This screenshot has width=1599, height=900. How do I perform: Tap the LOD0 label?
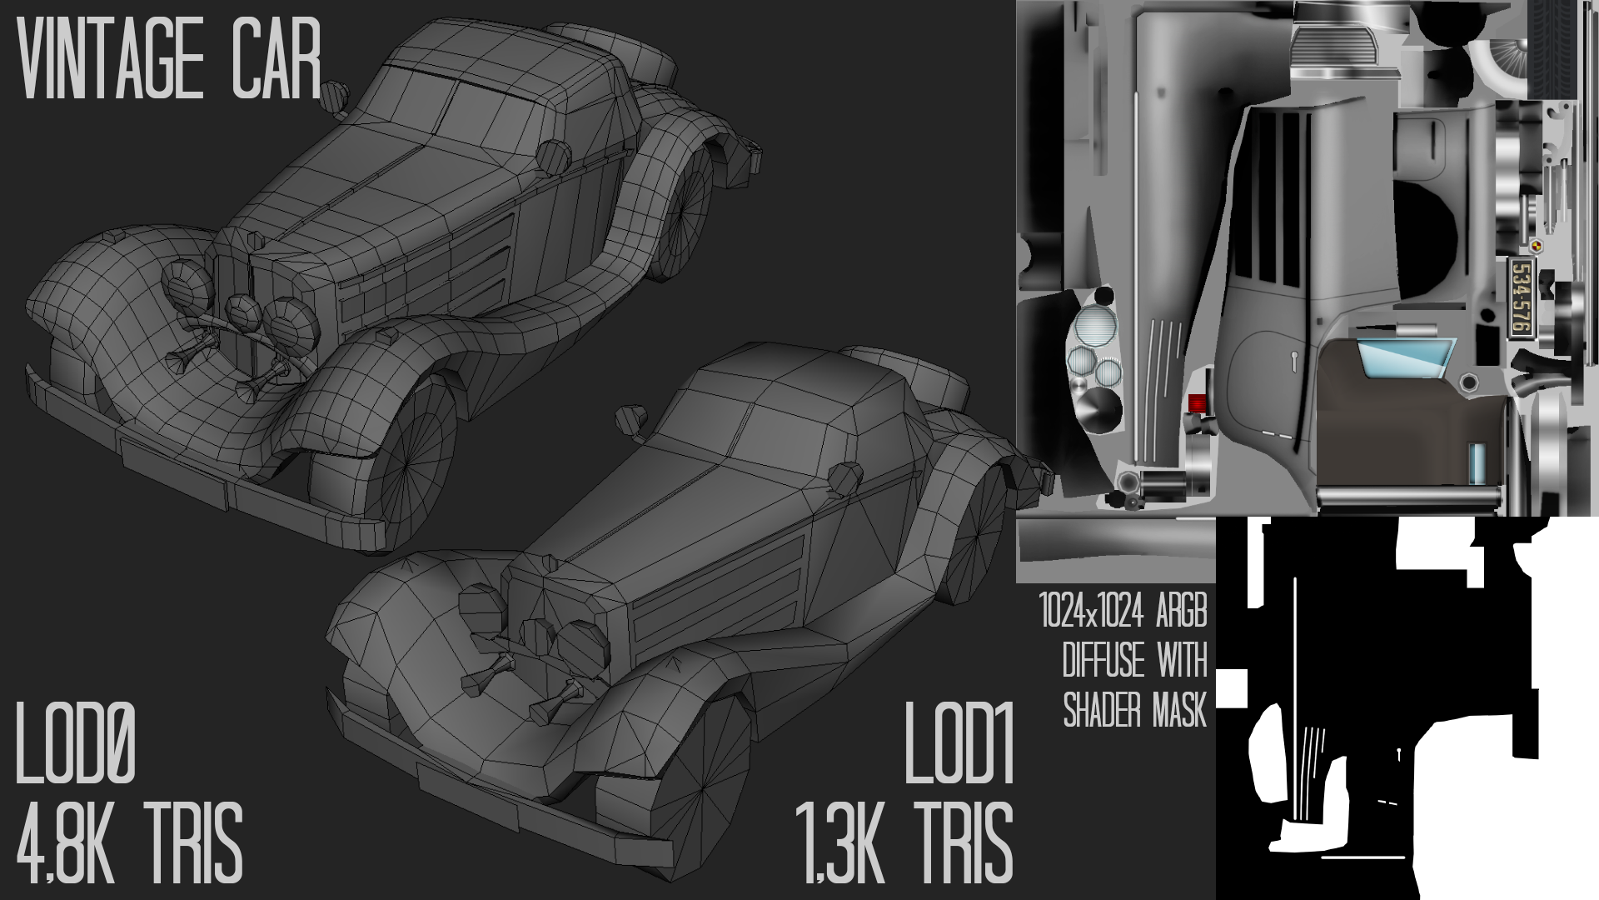76,744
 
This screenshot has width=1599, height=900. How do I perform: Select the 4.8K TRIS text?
129,842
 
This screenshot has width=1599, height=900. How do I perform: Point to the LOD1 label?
959,744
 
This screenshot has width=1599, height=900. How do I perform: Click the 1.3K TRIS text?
904,842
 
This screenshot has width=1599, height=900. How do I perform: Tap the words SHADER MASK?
1135,711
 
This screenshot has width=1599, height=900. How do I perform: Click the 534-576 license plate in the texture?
1520,298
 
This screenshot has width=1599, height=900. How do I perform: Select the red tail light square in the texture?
1197,403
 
